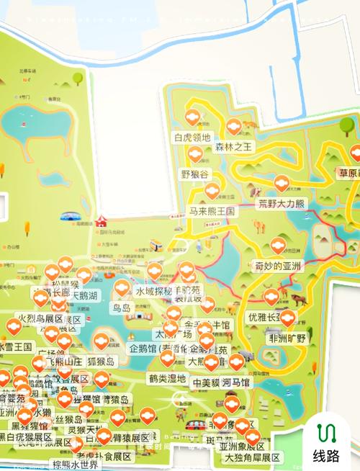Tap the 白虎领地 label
(192, 138)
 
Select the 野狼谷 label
(194, 174)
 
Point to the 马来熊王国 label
(212, 212)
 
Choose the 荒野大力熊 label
(282, 204)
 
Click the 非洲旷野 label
(287, 338)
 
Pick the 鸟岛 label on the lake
(122, 308)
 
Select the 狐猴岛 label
(107, 361)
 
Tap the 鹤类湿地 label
(168, 378)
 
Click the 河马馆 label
(236, 382)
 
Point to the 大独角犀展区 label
(252, 457)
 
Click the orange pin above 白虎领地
(192, 117)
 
